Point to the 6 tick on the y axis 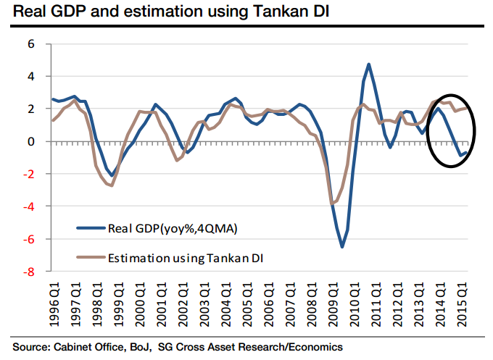coord(31,43)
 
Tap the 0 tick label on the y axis coord(31,141)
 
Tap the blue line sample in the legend coord(91,229)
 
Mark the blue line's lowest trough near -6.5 coord(342,247)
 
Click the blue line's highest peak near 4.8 coord(369,64)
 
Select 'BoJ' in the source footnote coord(144,347)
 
